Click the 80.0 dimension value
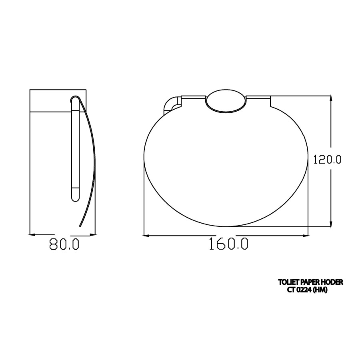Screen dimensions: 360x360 tap(64, 244)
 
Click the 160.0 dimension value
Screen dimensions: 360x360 tap(228, 244)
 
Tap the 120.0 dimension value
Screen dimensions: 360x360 tap(327, 160)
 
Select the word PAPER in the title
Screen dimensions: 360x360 tap(309, 282)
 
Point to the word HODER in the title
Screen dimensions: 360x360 tap(332, 282)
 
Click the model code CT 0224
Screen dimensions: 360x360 tap(299, 290)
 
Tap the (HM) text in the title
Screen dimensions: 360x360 tap(320, 290)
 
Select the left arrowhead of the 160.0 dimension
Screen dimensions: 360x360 tap(147, 235)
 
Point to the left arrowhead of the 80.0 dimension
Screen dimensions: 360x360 tap(33, 234)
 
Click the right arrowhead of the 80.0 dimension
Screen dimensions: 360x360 tap(93, 234)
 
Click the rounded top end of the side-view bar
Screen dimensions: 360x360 tap(75, 99)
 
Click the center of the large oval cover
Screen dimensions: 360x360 tap(226, 164)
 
